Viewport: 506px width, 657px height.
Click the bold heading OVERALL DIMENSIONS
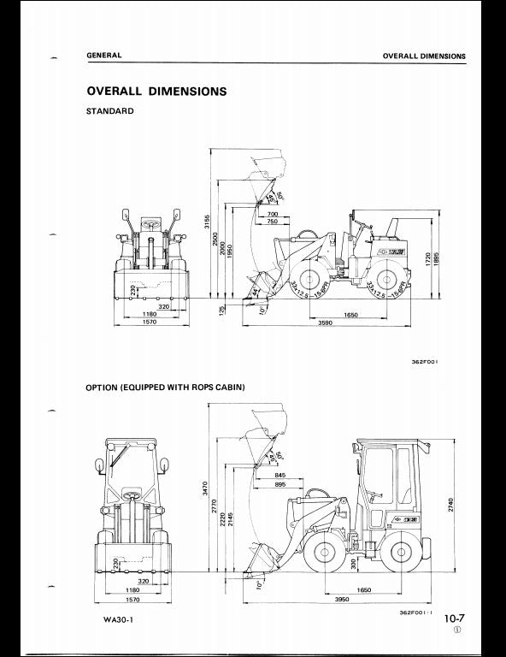[156, 92]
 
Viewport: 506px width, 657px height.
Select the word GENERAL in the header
[103, 56]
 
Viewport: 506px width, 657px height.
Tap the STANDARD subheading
[109, 111]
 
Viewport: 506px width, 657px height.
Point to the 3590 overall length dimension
[325, 323]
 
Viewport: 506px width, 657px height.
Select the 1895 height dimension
[437, 258]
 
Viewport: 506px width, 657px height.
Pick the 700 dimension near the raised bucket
[273, 214]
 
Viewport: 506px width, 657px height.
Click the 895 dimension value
[281, 484]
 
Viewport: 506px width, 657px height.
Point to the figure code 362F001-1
[415, 613]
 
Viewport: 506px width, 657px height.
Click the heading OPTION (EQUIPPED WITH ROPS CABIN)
[165, 388]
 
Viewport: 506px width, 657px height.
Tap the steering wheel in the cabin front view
[132, 494]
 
